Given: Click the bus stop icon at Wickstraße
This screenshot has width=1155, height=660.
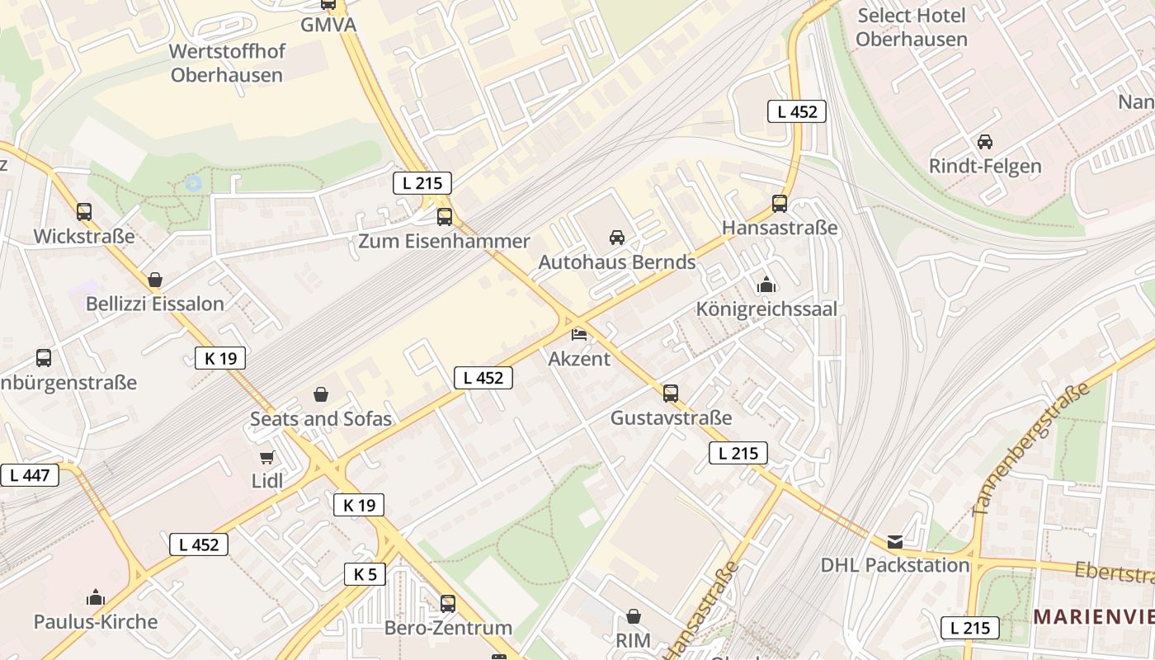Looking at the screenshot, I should tap(84, 212).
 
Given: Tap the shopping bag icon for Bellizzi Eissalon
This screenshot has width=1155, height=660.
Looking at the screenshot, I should tap(155, 280).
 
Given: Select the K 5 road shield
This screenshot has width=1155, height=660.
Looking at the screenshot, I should tap(365, 574).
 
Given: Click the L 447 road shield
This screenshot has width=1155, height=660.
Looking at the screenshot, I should tap(30, 475).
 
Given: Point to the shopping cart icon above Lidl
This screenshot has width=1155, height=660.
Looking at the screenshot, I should tap(266, 457).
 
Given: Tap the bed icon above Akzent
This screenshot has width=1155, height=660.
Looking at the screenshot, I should tap(579, 334).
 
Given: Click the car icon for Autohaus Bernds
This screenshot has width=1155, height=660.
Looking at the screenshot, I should tap(616, 238).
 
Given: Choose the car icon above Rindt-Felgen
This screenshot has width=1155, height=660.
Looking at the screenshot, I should tap(984, 142).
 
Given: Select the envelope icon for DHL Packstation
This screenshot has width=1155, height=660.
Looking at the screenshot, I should tap(895, 542).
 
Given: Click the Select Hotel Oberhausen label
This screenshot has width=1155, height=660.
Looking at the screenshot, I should tap(911, 27).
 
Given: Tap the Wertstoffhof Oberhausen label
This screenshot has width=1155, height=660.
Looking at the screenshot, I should tap(226, 63).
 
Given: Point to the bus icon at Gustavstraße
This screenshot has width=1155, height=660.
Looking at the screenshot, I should tap(671, 394).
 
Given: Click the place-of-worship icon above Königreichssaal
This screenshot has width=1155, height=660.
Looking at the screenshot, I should tap(766, 285).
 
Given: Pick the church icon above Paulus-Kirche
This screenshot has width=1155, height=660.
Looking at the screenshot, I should tap(96, 597).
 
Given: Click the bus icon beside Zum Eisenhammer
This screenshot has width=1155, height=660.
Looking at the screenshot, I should tap(445, 217).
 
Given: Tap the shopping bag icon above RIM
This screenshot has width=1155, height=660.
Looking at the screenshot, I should tap(634, 616).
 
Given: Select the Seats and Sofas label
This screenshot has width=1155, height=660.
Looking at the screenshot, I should tap(321, 419).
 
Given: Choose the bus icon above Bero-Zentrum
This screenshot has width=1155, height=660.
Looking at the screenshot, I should tap(448, 603).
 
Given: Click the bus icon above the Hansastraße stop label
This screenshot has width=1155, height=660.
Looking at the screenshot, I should tap(780, 203).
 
